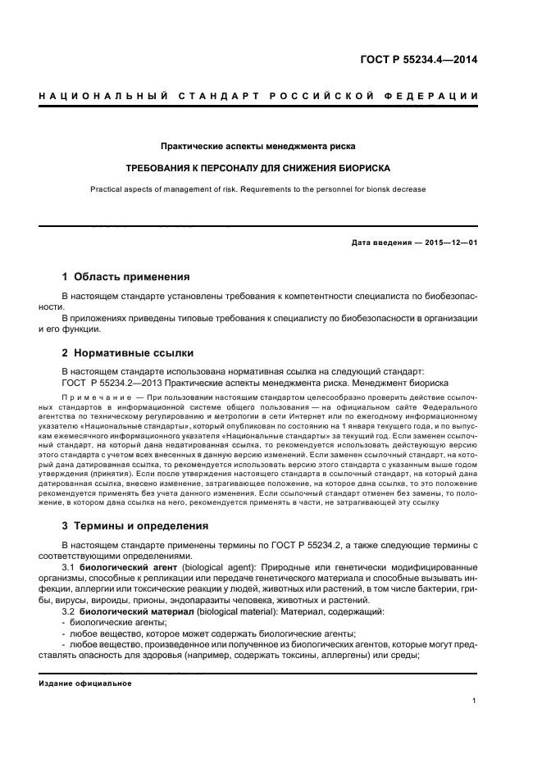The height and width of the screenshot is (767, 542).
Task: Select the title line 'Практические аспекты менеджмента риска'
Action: point(258,147)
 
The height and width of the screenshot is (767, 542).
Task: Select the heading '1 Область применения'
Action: point(126,276)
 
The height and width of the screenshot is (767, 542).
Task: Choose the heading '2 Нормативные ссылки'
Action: point(128,353)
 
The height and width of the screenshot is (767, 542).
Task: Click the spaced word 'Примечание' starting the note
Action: point(89,396)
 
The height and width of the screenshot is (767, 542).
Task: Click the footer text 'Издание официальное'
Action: point(85,683)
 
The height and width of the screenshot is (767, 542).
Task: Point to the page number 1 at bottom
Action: point(475,701)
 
